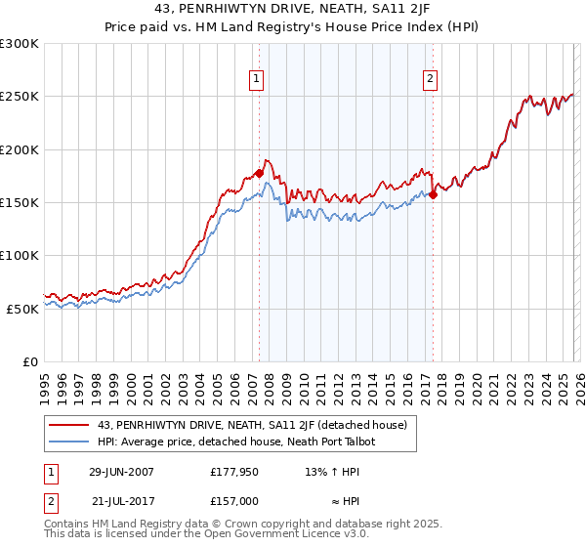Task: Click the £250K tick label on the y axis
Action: coord(20,97)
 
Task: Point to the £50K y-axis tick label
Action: coord(22,308)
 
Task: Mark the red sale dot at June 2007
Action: coord(259,173)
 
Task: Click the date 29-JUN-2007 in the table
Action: coord(121,472)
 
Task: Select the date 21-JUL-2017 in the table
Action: coord(121,499)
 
